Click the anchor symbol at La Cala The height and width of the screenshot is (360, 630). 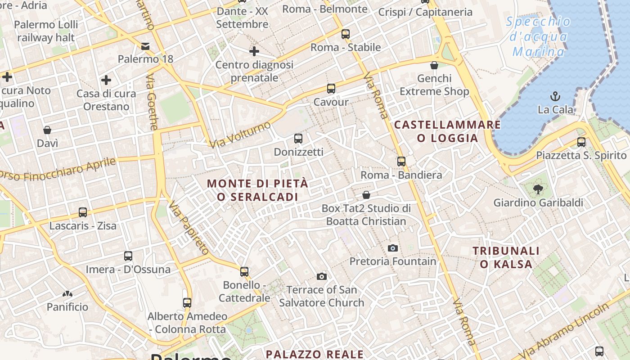click(x=556, y=96)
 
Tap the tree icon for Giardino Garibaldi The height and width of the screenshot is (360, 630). click(x=538, y=189)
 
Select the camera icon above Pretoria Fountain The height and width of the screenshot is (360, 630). click(x=393, y=248)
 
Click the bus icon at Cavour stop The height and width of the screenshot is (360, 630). click(x=331, y=88)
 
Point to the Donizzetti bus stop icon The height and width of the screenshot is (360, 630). click(x=298, y=138)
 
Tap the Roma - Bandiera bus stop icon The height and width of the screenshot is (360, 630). click(x=401, y=161)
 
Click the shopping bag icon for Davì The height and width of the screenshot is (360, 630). click(x=47, y=130)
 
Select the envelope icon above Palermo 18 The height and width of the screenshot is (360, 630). click(x=145, y=46)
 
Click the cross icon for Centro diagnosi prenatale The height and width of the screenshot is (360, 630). click(x=254, y=51)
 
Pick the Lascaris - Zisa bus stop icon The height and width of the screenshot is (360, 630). click(x=83, y=212)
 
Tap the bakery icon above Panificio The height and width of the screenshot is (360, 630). click(x=67, y=294)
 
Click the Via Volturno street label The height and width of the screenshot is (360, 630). click(x=240, y=134)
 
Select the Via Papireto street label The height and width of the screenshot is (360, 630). click(x=189, y=228)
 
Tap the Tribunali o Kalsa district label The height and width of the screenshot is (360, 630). click(x=506, y=257)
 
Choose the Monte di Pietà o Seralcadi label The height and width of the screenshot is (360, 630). click(x=258, y=190)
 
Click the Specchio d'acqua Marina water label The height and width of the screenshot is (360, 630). click(x=538, y=37)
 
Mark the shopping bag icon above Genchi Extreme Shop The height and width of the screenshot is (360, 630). click(x=434, y=66)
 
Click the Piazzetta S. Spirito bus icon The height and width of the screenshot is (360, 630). click(x=581, y=142)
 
